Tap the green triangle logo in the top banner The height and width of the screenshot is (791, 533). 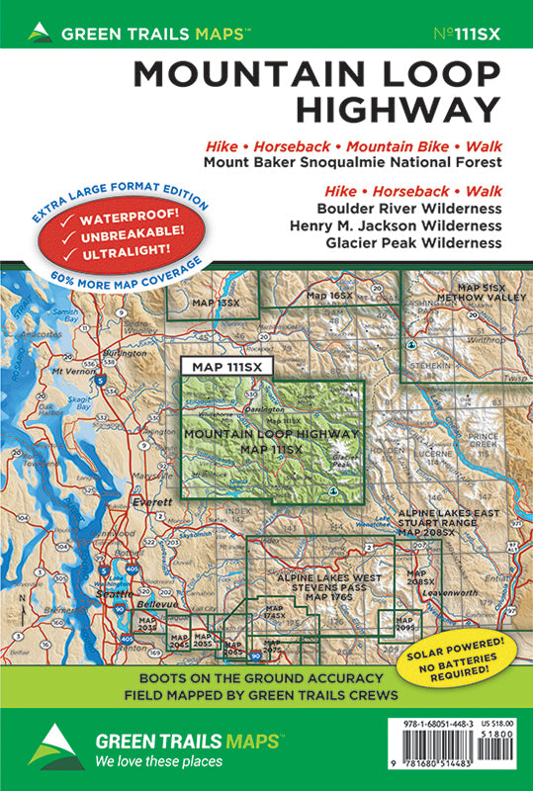pos(40,33)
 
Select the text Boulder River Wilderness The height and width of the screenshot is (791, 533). pos(409,209)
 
